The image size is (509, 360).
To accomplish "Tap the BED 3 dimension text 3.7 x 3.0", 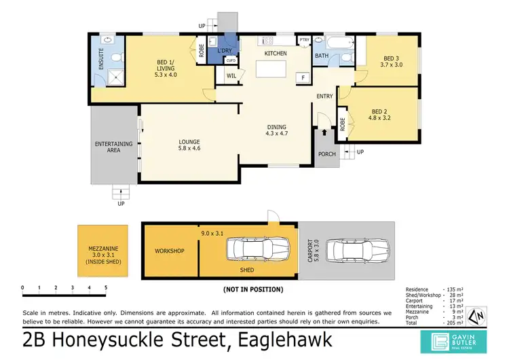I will point(392,66).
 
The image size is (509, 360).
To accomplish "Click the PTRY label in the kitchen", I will point(304,40).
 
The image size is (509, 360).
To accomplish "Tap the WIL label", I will point(231,76).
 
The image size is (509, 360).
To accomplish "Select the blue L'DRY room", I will point(223,49).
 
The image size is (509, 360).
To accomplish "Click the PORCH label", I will point(327,154).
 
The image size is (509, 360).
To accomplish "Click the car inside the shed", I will point(254,251).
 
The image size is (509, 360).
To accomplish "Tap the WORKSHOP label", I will point(170,251).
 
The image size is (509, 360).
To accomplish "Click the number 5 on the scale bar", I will point(105,288).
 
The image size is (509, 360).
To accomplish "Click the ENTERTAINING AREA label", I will point(108,146).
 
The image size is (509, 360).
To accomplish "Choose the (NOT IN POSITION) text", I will point(253,289).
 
